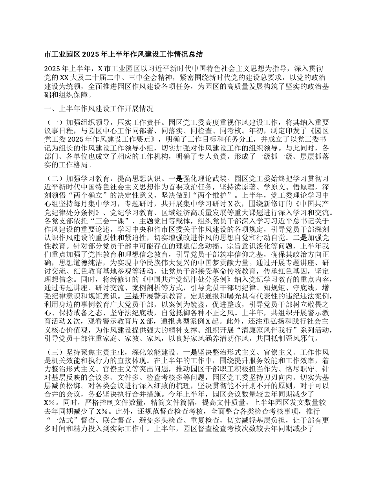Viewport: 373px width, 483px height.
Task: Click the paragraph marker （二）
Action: (53, 177)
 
